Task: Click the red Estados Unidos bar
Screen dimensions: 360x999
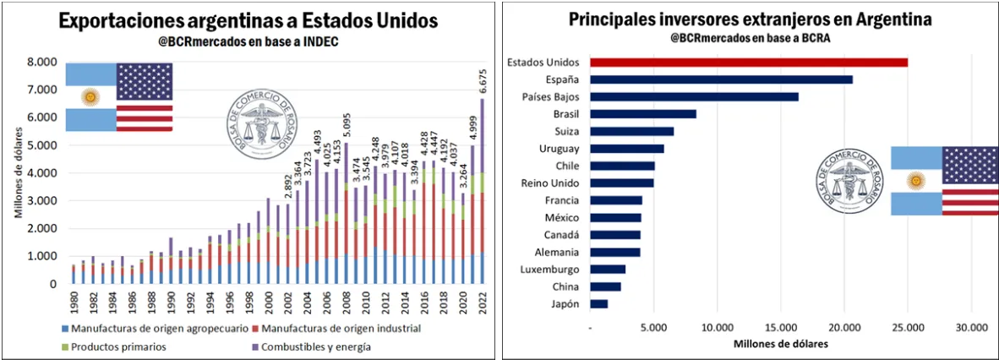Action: [748, 62]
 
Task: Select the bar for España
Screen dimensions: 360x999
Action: [721, 79]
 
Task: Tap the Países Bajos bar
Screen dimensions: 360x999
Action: [694, 96]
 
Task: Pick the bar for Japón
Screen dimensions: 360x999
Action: [598, 303]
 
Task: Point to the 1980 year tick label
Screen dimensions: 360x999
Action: [73, 301]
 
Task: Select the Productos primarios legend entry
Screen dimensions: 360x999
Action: [119, 346]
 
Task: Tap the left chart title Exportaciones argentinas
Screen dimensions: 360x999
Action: [248, 21]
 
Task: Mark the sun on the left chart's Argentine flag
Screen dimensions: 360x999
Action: [90, 97]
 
